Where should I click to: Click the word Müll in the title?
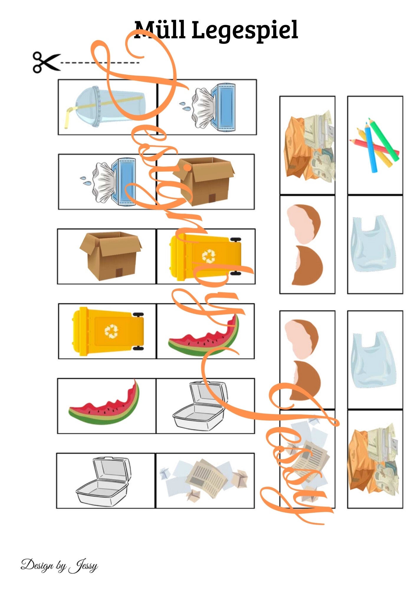(x=160, y=30)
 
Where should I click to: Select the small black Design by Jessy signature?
(x=59, y=566)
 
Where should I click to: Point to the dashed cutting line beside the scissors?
(x=100, y=63)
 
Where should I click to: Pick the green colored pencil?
(x=383, y=139)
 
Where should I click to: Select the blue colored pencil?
(x=370, y=147)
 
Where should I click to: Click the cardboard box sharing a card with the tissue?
(x=203, y=181)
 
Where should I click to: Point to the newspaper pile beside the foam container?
(x=203, y=481)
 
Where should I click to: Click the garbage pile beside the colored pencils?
(x=309, y=146)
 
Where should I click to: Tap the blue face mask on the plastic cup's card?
(x=224, y=107)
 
